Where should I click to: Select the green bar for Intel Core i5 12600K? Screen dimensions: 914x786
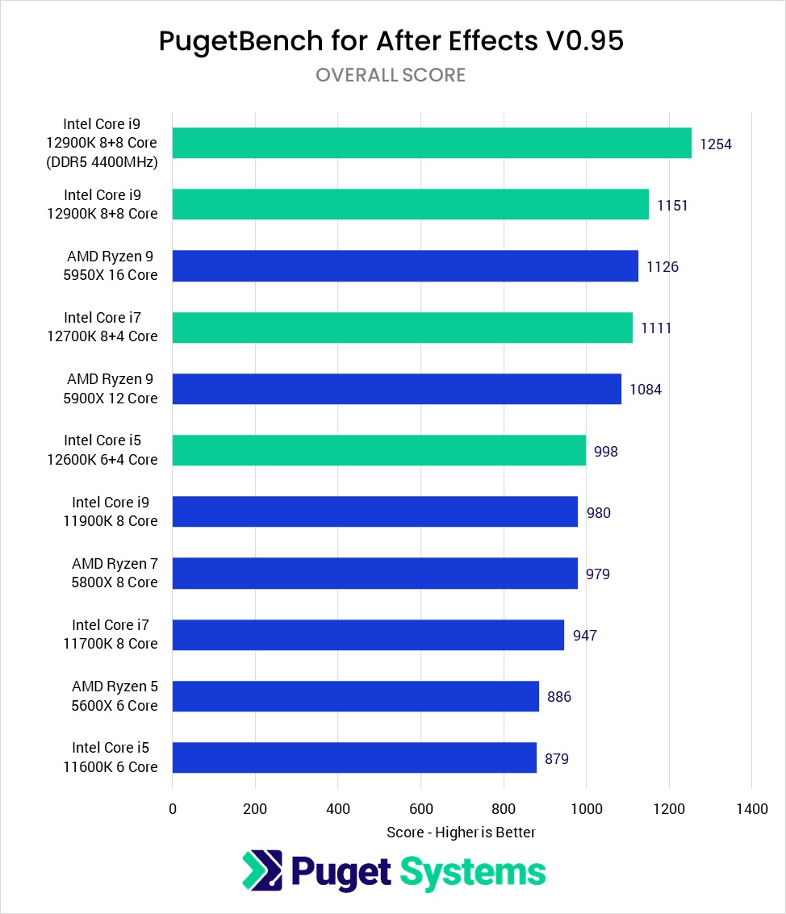[x=379, y=450]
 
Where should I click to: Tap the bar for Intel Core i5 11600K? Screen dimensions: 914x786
[x=354, y=757]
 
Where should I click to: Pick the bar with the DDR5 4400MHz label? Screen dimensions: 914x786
[x=432, y=143]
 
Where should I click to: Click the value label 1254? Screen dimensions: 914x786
[x=715, y=144]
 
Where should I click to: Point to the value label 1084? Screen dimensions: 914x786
[x=646, y=390]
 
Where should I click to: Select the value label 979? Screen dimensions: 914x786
[x=598, y=574]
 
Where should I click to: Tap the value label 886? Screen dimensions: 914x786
[x=559, y=697]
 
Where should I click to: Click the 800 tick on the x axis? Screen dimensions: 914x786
[x=504, y=808]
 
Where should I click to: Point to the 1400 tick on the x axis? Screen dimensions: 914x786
[x=751, y=808]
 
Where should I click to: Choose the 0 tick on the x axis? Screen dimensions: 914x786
[x=173, y=808]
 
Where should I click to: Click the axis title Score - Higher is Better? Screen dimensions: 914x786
[x=461, y=832]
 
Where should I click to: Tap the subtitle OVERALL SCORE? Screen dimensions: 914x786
[x=391, y=75]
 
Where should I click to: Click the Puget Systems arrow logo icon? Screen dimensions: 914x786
[x=262, y=870]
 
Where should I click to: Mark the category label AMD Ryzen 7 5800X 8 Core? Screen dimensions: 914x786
[x=115, y=573]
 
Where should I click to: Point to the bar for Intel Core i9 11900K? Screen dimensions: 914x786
[x=375, y=511]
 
